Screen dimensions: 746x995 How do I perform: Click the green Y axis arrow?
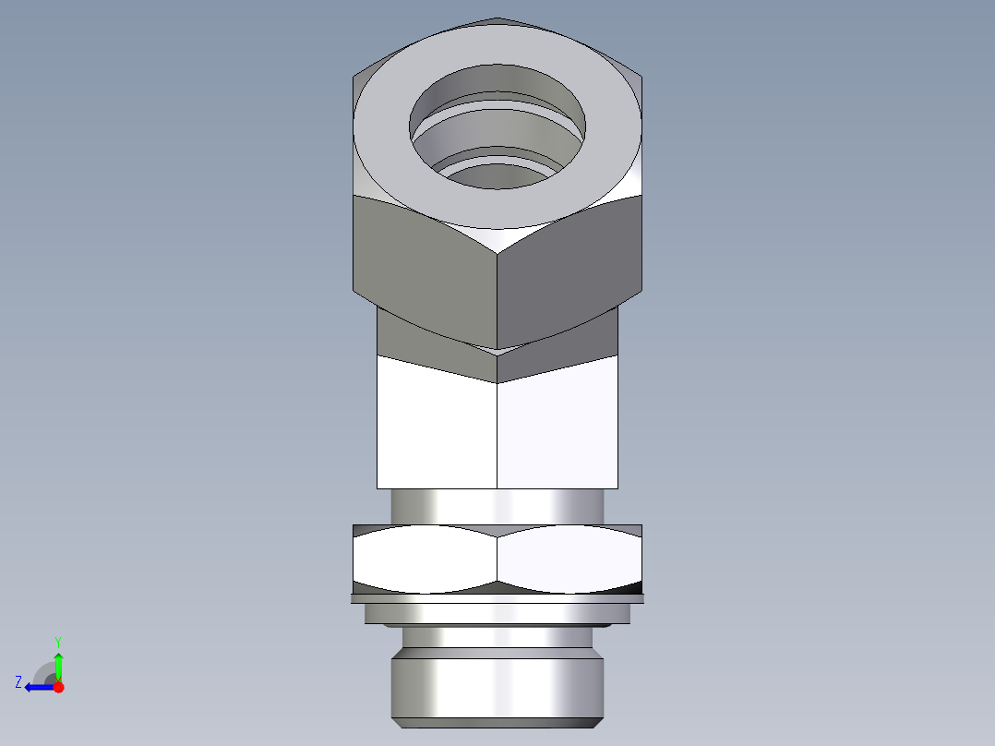58,663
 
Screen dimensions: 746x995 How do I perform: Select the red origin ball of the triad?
58,687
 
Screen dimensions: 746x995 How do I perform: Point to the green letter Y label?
57,641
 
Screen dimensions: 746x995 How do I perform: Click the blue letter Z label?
18,682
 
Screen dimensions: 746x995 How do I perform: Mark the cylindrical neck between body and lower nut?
497,506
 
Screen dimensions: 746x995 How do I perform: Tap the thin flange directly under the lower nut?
497,599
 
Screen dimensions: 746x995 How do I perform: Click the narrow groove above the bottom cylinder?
497,637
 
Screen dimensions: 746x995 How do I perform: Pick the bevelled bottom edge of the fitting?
497,721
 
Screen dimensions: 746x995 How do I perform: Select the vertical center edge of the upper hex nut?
497,295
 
